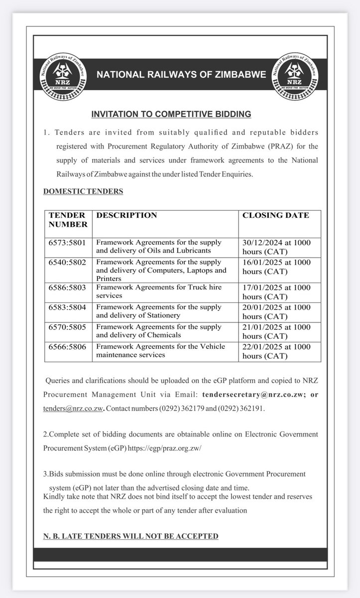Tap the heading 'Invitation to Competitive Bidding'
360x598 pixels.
coord(171,114)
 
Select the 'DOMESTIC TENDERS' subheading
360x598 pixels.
coord(83,191)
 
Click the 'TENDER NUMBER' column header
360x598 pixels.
coord(68,220)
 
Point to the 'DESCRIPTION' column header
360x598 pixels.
coord(126,215)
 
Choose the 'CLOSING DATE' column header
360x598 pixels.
coord(275,215)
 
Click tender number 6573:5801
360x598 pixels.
coord(68,242)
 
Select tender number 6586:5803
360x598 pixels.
coord(68,288)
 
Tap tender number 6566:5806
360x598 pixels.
coord(68,346)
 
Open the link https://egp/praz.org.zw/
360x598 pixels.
coord(164,448)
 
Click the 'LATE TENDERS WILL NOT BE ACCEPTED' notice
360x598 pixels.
coord(130,536)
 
